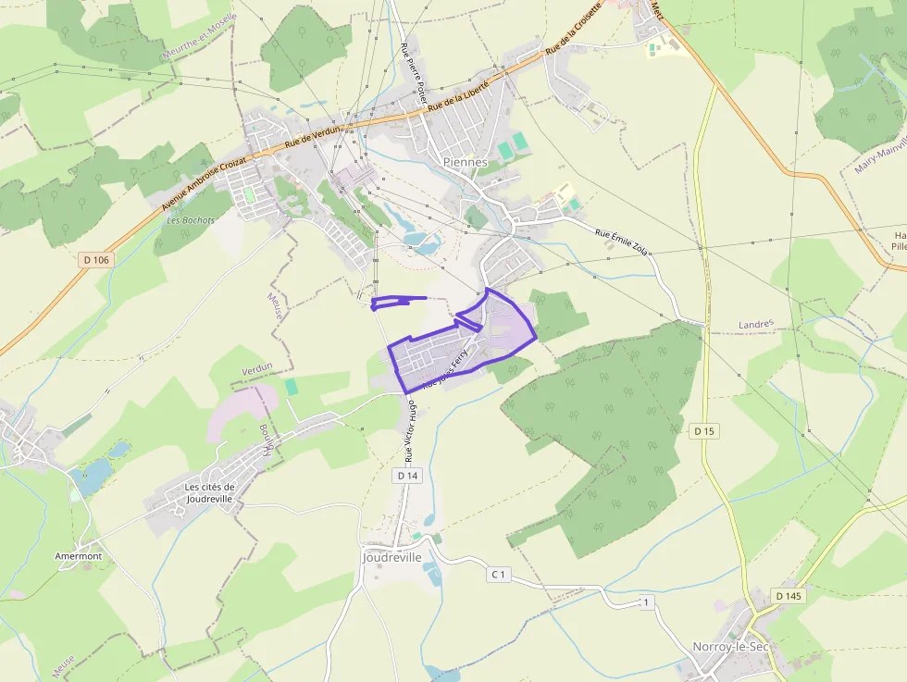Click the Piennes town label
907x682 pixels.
click(x=465, y=162)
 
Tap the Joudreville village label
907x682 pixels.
click(x=391, y=558)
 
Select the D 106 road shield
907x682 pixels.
click(x=96, y=260)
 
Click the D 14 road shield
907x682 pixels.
click(x=407, y=476)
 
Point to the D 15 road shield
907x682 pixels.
click(x=705, y=431)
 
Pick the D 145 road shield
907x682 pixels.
click(x=788, y=596)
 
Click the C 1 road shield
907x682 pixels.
click(x=498, y=575)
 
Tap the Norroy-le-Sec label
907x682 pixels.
click(x=731, y=646)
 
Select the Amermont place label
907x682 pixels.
click(x=79, y=556)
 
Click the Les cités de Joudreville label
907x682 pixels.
click(x=210, y=492)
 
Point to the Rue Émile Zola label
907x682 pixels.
click(x=620, y=242)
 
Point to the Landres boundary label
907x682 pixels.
click(x=756, y=325)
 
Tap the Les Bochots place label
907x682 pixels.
click(x=191, y=220)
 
